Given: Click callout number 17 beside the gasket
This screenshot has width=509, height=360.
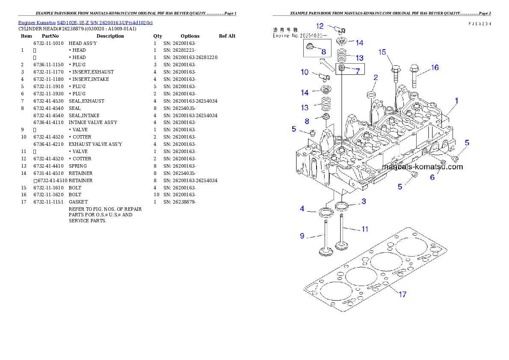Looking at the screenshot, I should [x=402, y=294].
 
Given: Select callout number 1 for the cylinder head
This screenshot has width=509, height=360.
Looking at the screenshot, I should [x=456, y=101].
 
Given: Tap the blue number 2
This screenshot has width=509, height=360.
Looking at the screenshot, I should [x=375, y=77].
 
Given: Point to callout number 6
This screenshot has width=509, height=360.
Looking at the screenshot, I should [x=432, y=177].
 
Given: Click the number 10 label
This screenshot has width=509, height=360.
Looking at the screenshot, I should [x=305, y=72].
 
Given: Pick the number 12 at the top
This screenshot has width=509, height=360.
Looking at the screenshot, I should [x=320, y=26].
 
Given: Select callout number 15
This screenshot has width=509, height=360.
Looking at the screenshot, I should [x=382, y=52].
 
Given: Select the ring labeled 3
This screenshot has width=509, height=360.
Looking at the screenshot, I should [x=342, y=207].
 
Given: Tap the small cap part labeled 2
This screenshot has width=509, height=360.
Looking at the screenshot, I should [x=372, y=94].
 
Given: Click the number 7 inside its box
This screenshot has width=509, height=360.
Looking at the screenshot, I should [x=357, y=71].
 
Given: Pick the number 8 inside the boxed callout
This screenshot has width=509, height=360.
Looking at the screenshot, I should [x=323, y=52].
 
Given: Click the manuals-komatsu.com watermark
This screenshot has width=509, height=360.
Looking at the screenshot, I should [x=422, y=167].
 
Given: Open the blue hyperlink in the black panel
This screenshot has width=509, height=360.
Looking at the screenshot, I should [x=85, y=22].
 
